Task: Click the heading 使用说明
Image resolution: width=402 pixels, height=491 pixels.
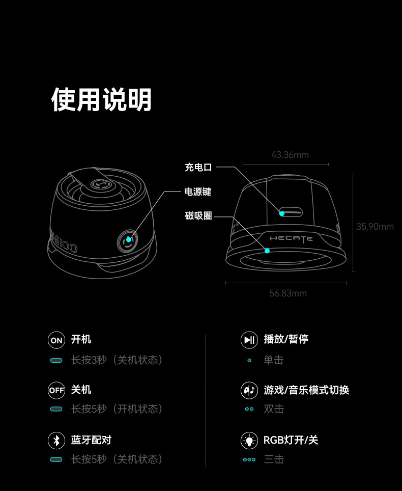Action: pyautogui.click(x=101, y=100)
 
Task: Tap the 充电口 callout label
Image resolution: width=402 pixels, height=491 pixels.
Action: pyautogui.click(x=198, y=167)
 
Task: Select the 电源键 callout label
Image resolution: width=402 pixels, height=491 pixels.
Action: pyautogui.click(x=198, y=192)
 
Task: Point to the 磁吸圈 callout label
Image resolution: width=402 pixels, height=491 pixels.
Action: pyautogui.click(x=198, y=215)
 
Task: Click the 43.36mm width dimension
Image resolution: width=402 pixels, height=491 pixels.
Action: pyautogui.click(x=290, y=155)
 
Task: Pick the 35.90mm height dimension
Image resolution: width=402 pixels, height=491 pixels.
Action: pyautogui.click(x=375, y=226)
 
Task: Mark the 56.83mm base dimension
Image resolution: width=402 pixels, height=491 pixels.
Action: pyautogui.click(x=288, y=293)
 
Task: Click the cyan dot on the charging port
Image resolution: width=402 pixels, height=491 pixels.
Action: pyautogui.click(x=282, y=213)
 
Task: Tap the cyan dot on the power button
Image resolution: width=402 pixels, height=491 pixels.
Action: pyautogui.click(x=129, y=239)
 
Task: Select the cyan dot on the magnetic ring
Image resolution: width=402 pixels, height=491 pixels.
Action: pyautogui.click(x=267, y=251)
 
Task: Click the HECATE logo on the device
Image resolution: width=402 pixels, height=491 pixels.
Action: pyautogui.click(x=291, y=239)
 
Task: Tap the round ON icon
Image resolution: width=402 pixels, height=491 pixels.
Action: pyautogui.click(x=56, y=340)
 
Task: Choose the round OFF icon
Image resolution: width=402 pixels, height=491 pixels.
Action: pyautogui.click(x=56, y=390)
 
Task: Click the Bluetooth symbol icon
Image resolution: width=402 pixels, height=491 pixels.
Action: pyautogui.click(x=56, y=440)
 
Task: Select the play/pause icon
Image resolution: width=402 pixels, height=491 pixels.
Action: pyautogui.click(x=249, y=340)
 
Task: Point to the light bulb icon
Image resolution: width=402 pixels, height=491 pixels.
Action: pyautogui.click(x=249, y=440)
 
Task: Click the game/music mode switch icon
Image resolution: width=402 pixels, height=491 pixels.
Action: pyautogui.click(x=249, y=390)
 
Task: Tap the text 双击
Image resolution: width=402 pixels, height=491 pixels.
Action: pyautogui.click(x=274, y=409)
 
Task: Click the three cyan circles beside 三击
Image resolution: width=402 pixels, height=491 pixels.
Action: pyautogui.click(x=249, y=459)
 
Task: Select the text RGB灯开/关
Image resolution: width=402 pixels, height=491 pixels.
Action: pyautogui.click(x=291, y=440)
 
